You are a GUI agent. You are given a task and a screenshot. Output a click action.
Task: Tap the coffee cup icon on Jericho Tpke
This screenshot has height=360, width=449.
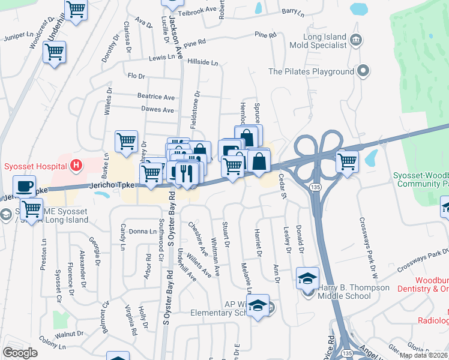coord(24,186)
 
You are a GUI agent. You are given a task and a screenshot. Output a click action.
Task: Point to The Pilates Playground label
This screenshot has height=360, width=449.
coord(311,72)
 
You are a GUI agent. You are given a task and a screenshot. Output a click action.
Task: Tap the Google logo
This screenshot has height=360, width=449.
coord(20,353)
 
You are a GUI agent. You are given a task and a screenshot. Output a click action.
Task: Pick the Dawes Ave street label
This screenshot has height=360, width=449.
coord(157,110)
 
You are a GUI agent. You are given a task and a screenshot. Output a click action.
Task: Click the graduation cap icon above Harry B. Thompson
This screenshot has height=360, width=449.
coord(307,277)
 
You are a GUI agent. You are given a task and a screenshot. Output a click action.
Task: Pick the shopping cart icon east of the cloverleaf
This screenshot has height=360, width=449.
coord(347,161)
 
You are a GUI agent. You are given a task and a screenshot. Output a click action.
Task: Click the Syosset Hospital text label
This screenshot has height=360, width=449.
coord(34,166)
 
